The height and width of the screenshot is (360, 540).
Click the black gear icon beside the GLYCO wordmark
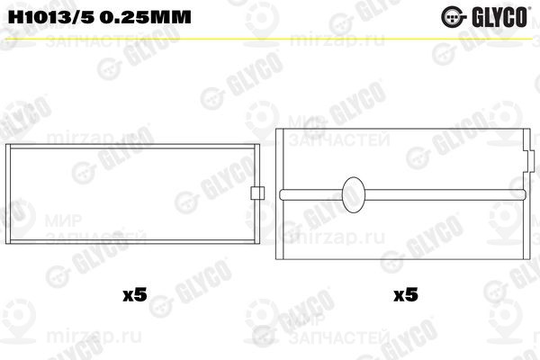point(472,14)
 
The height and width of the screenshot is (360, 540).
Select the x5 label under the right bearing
point(404,293)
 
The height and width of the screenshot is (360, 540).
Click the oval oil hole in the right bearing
point(354,192)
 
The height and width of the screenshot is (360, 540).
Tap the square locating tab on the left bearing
point(257,192)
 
